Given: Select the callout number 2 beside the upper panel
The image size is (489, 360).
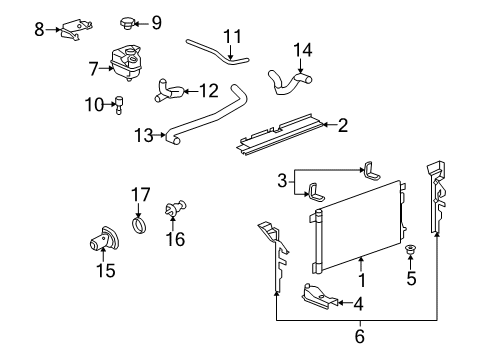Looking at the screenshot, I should click(x=343, y=125).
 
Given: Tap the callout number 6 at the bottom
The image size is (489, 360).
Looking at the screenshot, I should click(x=358, y=336).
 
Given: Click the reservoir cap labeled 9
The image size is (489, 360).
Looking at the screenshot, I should click(x=128, y=21).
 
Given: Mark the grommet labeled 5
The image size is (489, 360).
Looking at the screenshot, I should click(x=413, y=249).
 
